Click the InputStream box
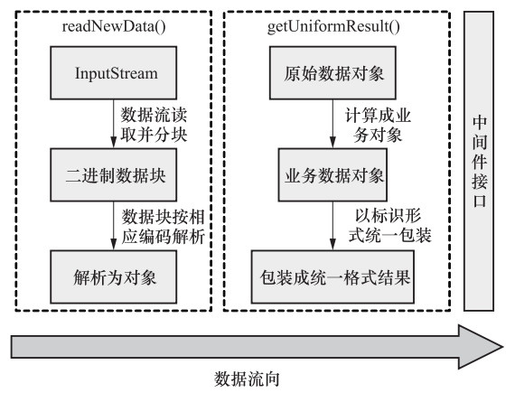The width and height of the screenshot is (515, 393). [x=113, y=73]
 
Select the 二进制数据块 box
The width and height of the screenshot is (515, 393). [x=113, y=175]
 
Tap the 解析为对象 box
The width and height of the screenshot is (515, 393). [x=113, y=277]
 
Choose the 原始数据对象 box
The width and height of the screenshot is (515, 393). [x=332, y=73]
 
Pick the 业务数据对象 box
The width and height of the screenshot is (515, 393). [x=332, y=175]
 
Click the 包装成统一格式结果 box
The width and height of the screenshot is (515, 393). [x=332, y=277]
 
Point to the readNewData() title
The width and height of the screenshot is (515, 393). [x=114, y=26]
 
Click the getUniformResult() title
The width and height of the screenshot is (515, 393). [x=333, y=26]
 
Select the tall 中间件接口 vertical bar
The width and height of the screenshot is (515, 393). [x=479, y=161]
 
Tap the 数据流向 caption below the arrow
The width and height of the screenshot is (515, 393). [x=247, y=379]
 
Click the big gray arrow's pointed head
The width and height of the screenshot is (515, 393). [x=501, y=347]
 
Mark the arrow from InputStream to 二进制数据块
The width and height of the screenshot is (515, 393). [x=113, y=124]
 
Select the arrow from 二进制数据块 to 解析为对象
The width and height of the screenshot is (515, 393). [x=113, y=226]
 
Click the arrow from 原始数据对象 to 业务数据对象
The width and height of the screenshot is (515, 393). [x=332, y=124]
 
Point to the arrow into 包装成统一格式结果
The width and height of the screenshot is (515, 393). [x=332, y=226]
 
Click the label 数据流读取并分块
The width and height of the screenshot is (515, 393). [x=154, y=125]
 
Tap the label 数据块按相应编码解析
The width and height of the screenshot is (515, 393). [x=164, y=227]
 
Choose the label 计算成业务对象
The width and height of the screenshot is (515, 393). [x=378, y=125]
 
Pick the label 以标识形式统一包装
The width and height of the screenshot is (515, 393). [x=389, y=226]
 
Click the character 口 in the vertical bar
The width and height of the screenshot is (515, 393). [x=479, y=201]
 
